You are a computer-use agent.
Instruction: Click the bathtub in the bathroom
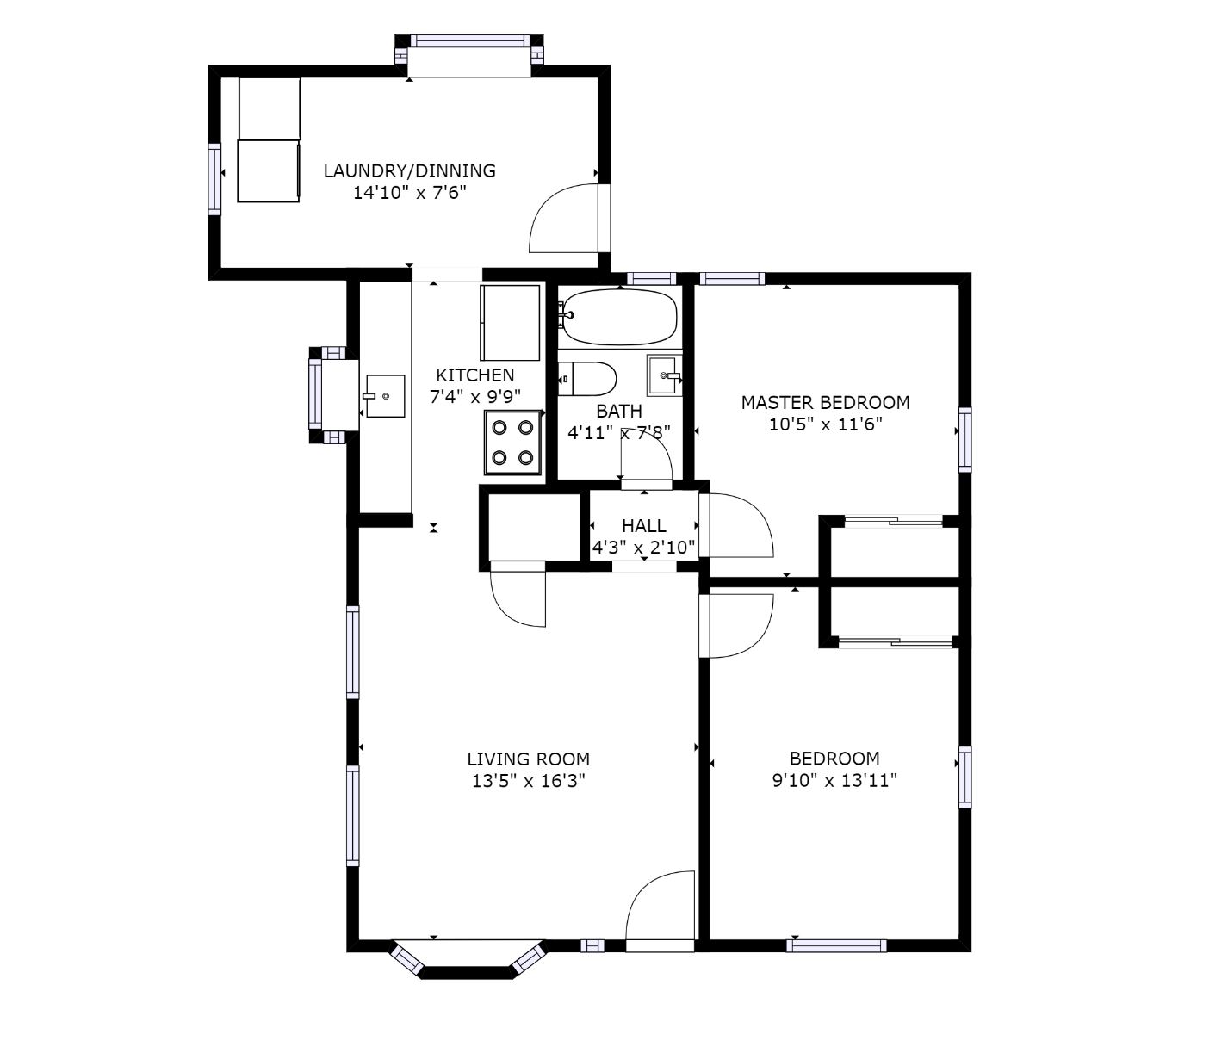click(619, 317)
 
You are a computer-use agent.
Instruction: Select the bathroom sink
click(664, 375)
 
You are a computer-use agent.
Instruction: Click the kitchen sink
click(384, 395)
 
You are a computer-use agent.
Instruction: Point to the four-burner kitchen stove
click(512, 443)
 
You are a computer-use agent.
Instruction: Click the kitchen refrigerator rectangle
click(510, 323)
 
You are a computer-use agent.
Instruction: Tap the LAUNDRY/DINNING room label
click(409, 171)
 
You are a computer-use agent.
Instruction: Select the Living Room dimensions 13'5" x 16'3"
click(528, 780)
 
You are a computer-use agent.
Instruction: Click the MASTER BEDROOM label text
click(825, 403)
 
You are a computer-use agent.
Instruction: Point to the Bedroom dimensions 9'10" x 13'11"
click(834, 780)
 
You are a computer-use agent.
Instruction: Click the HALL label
click(644, 525)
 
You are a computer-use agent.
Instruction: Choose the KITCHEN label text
click(474, 375)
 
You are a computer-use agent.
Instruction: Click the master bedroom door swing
click(735, 525)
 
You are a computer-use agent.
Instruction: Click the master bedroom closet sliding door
click(894, 522)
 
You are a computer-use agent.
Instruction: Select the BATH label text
click(619, 411)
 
